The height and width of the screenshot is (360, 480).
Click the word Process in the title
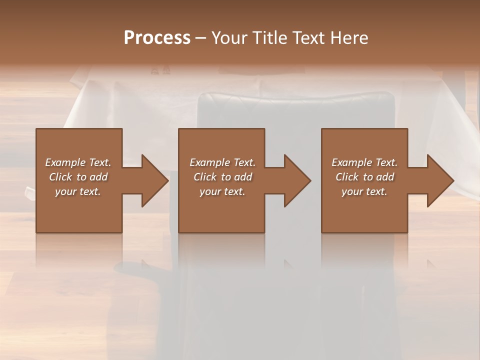tap(157, 38)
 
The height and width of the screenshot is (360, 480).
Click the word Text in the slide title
tap(309, 38)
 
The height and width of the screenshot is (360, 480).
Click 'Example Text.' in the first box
tap(78, 162)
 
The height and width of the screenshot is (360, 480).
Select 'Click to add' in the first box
tap(78, 177)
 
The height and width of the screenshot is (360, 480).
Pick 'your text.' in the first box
tap(78, 191)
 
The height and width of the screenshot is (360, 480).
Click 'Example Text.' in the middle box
tap(222, 162)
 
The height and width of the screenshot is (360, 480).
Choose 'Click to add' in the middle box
tap(222, 177)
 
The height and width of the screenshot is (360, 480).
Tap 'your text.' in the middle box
tap(222, 191)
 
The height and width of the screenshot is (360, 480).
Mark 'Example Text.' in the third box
tap(364, 162)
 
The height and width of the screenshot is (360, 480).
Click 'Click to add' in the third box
tap(364, 177)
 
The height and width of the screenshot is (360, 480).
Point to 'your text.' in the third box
tap(364, 191)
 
